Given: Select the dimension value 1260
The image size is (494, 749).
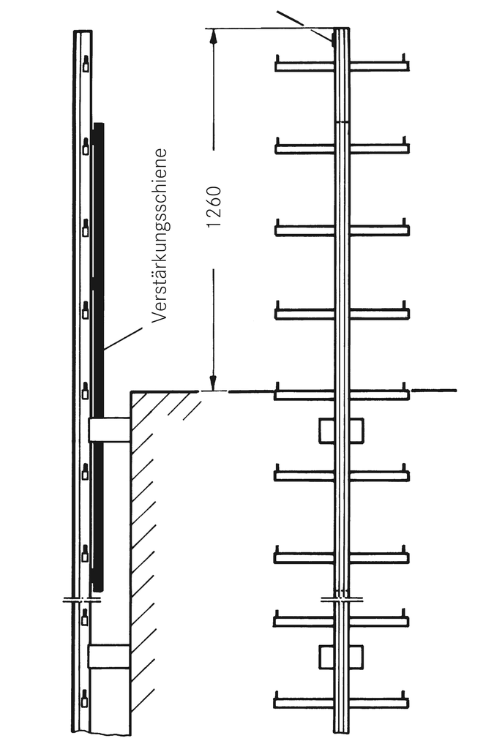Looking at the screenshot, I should (x=214, y=207).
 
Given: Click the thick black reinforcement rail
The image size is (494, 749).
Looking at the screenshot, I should (x=99, y=351).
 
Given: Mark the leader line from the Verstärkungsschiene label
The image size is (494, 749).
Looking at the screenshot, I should (x=123, y=339).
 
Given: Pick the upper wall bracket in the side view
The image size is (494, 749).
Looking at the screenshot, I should (x=109, y=430).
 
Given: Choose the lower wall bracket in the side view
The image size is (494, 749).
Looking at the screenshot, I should (x=109, y=656).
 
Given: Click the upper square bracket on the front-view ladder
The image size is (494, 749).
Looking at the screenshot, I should (x=341, y=431).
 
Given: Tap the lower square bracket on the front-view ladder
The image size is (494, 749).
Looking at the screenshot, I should (x=341, y=656).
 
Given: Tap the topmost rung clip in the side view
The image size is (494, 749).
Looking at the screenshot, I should (x=86, y=64).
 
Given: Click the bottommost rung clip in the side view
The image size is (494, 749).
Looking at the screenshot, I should (x=84, y=699).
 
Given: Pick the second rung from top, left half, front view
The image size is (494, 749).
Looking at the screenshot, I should (x=304, y=148).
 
